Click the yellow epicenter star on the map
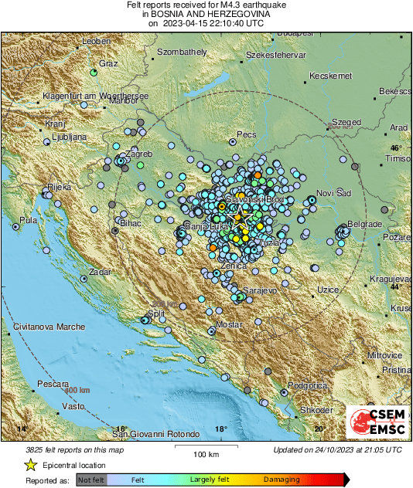click(x=238, y=219)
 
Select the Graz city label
click(x=108, y=63)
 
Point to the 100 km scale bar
click(x=204, y=446)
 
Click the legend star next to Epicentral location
click(x=30, y=465)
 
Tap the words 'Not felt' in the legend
click(x=93, y=480)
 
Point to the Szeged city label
click(x=346, y=122)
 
